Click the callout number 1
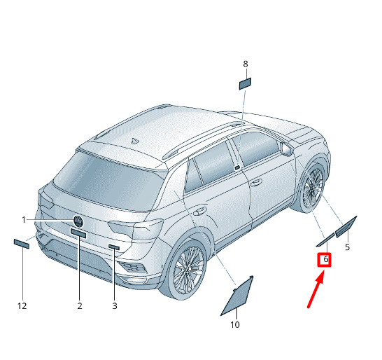tap(24, 220)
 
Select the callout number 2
tap(80, 305)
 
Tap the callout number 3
tap(115, 305)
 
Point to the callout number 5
tap(348, 247)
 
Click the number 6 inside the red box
tap(326, 259)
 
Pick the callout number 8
tap(246, 64)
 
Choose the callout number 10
tap(235, 325)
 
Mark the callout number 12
tap(22, 305)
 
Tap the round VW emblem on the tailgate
tap(78, 221)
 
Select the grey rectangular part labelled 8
tap(245, 83)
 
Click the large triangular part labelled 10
tap(239, 296)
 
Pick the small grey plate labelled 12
tap(22, 244)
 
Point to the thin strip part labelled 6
tap(325, 240)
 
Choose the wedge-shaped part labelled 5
tap(346, 227)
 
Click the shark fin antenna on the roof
tap(134, 141)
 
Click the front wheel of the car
tap(312, 187)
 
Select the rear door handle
tap(199, 212)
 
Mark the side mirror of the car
tap(287, 148)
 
